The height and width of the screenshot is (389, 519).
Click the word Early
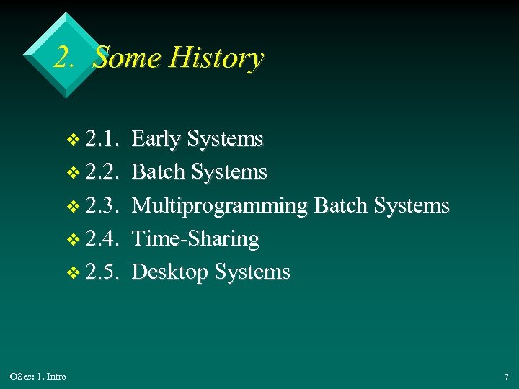tap(157, 138)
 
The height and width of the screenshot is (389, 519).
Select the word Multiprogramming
tap(220, 206)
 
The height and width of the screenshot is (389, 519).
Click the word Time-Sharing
tap(195, 239)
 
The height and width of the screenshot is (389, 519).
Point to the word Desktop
tap(171, 272)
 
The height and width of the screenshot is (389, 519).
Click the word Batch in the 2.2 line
tap(158, 172)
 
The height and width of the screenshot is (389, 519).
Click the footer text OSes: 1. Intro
tap(38, 377)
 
